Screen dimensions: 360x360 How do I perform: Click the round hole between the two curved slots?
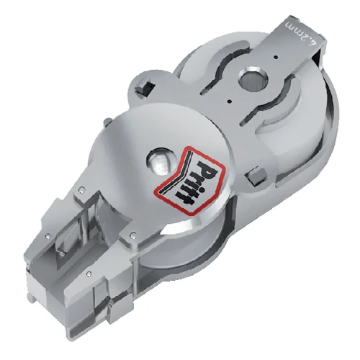pos(253,81)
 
